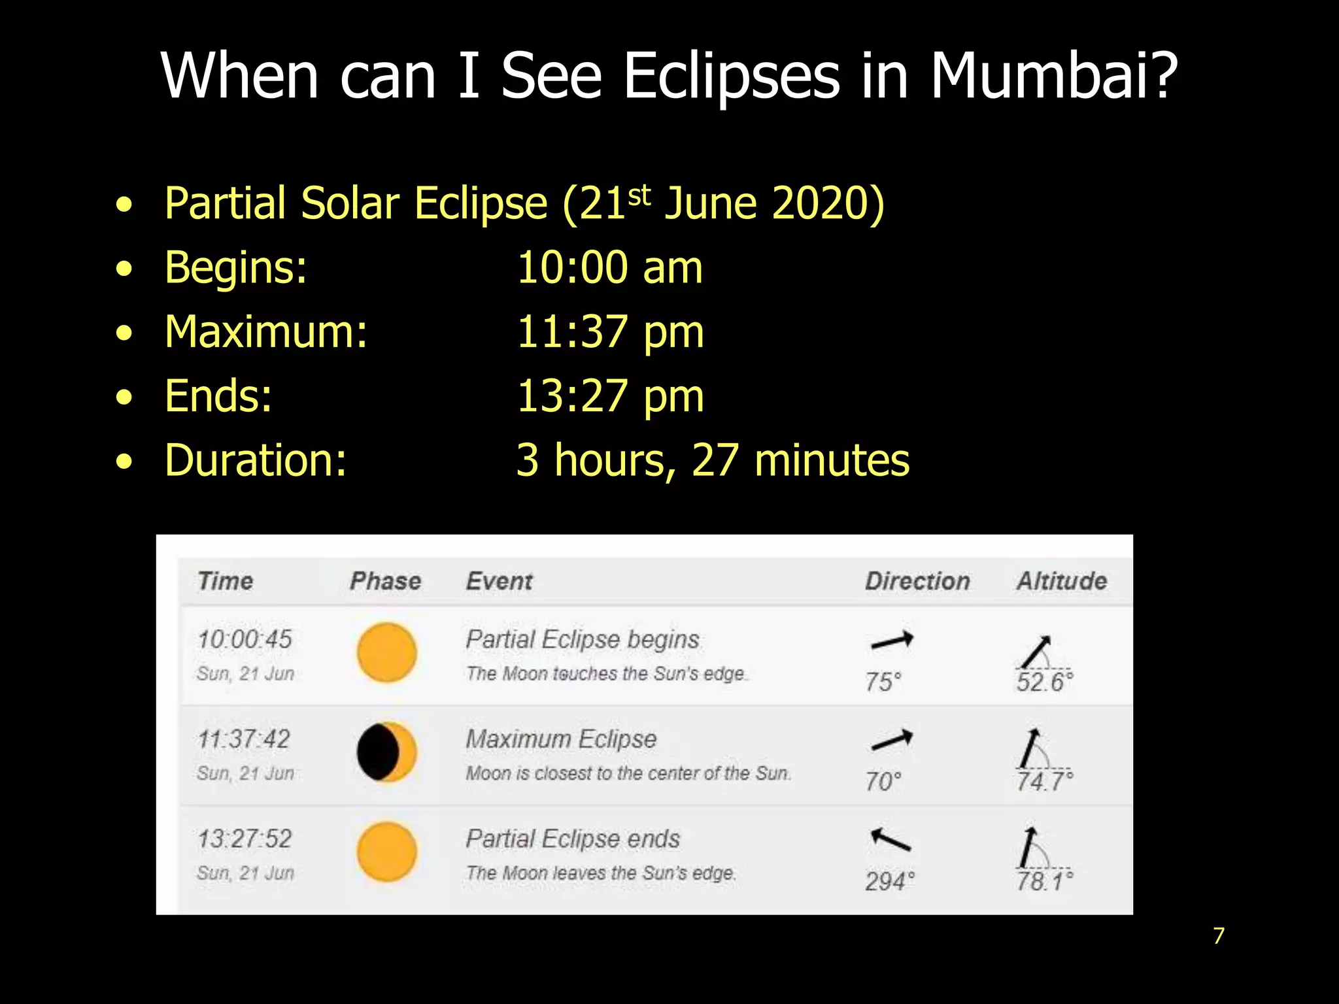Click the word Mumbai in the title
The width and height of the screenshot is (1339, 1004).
pyautogui.click(x=1053, y=76)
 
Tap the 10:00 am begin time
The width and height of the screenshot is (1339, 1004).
pyautogui.click(x=609, y=268)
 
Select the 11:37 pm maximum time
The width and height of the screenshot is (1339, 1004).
pyautogui.click(x=610, y=332)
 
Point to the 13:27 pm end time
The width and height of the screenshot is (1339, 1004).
pyautogui.click(x=610, y=396)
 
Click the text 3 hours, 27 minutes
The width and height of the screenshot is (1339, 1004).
pyautogui.click(x=712, y=460)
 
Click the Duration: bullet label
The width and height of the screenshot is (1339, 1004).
pyautogui.click(x=256, y=460)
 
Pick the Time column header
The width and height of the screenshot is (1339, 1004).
pyautogui.click(x=225, y=581)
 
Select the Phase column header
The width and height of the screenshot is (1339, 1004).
pyautogui.click(x=385, y=581)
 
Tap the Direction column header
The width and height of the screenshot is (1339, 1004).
pyautogui.click(x=917, y=581)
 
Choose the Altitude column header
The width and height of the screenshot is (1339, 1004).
pyautogui.click(x=1061, y=581)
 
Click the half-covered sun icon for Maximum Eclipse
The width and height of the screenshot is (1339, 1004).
pyautogui.click(x=386, y=752)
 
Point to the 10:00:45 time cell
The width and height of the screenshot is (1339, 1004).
pyautogui.click(x=245, y=639)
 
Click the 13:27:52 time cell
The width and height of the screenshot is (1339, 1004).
pyautogui.click(x=245, y=839)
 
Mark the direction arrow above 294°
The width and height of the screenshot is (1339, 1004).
pyautogui.click(x=890, y=839)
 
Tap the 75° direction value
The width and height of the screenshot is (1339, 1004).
pyautogui.click(x=883, y=682)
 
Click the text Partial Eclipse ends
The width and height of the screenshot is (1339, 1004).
pyautogui.click(x=573, y=839)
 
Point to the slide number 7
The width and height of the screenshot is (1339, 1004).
pyautogui.click(x=1219, y=936)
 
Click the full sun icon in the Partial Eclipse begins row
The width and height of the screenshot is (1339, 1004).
pyautogui.click(x=386, y=652)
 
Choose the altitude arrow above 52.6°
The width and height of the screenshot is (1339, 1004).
pyautogui.click(x=1037, y=651)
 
